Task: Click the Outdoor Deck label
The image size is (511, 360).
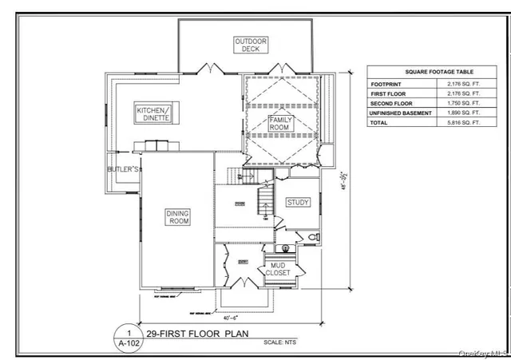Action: [x=251, y=45]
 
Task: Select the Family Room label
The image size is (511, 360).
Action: [x=281, y=124]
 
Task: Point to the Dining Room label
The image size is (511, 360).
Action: [x=177, y=217]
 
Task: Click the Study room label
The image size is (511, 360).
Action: [x=298, y=203]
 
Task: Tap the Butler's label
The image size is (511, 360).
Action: [x=124, y=170]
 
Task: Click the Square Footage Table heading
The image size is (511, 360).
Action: [x=425, y=71]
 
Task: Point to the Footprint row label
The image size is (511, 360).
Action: [x=385, y=84]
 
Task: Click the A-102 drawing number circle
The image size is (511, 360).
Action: [x=125, y=336]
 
